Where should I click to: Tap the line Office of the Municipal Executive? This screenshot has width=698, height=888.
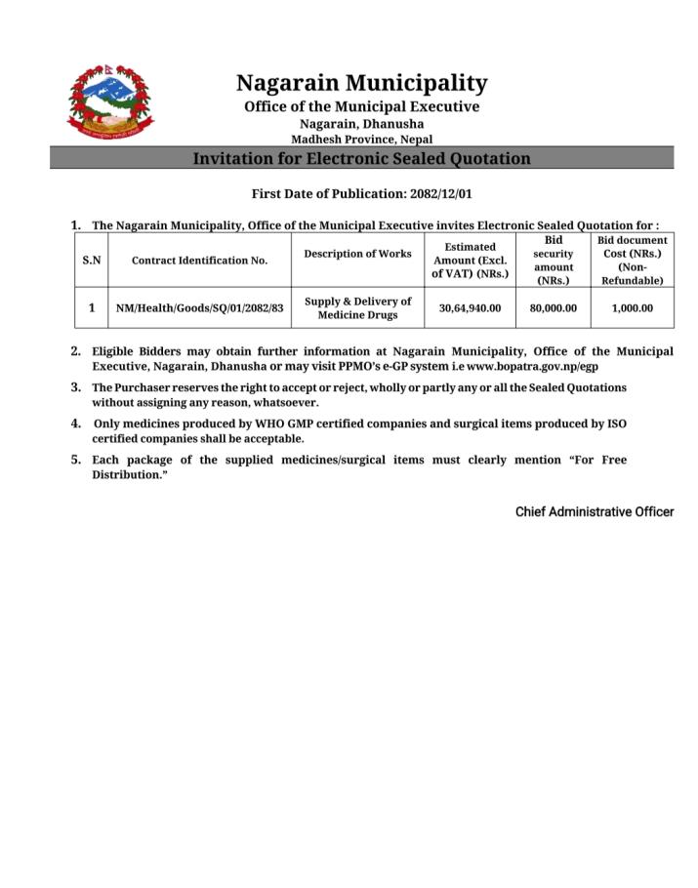tap(361, 106)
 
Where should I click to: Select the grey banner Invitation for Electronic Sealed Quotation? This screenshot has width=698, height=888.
tap(361, 158)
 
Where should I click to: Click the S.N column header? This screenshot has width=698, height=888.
tap(92, 261)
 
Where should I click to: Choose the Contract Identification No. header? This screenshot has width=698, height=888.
tap(199, 261)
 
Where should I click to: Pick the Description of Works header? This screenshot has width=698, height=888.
tap(357, 254)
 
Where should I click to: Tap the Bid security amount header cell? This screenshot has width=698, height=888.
tap(553, 261)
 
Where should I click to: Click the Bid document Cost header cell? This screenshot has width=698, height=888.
tap(632, 261)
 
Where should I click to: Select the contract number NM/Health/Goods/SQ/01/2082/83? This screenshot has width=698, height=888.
tap(199, 308)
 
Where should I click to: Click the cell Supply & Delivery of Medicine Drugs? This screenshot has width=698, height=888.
tap(357, 308)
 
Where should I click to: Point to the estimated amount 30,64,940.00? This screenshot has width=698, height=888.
tap(470, 308)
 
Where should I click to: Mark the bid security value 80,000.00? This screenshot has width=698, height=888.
tap(553, 308)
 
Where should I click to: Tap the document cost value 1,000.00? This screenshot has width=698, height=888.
tap(632, 308)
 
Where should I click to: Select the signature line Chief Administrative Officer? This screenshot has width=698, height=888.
tap(594, 511)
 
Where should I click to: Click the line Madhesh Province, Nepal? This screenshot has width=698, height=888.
tap(361, 139)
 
